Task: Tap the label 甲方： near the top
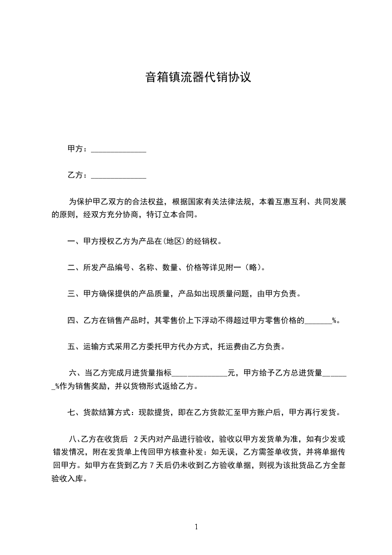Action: [78, 149]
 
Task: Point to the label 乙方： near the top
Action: [78, 175]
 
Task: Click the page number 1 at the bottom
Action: [196, 527]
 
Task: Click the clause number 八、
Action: [75, 438]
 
